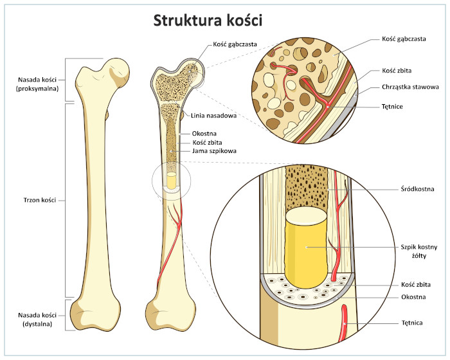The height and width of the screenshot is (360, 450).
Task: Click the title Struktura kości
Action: (208, 21)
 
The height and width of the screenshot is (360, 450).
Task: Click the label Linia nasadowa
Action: (215, 116)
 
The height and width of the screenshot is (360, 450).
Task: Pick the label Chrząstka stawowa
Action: (410, 86)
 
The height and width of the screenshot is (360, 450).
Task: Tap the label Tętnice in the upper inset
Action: (393, 106)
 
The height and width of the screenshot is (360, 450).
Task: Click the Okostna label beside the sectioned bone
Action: (204, 133)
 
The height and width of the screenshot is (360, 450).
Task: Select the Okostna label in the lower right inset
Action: (413, 298)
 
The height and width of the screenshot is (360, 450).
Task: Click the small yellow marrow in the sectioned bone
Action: (172, 180)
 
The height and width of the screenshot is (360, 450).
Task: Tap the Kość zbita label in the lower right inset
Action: (415, 283)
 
